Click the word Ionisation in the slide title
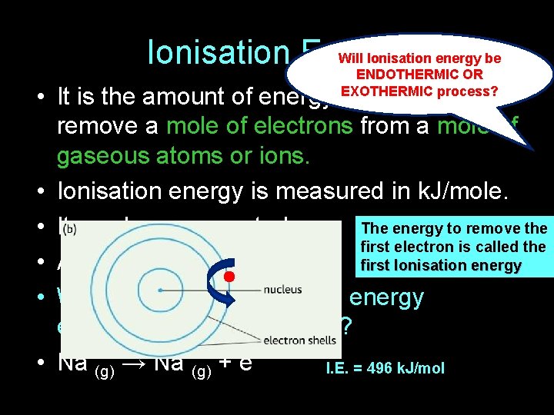pyautogui.click(x=217, y=53)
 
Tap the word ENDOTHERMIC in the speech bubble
pyautogui.click(x=397, y=75)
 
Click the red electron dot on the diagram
pyautogui.click(x=229, y=275)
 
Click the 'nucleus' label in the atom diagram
pyautogui.click(x=282, y=290)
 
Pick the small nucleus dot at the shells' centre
pyautogui.click(x=160, y=290)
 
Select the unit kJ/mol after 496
pyautogui.click(x=420, y=368)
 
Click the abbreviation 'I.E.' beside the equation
pyautogui.click(x=339, y=368)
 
